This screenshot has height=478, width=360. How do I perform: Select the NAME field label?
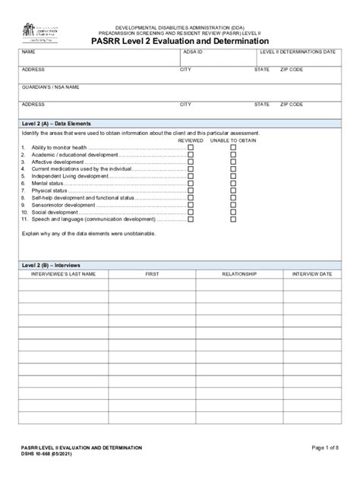[28, 52]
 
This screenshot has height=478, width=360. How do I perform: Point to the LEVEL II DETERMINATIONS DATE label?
[297, 52]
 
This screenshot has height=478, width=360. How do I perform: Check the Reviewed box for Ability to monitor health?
[191, 147]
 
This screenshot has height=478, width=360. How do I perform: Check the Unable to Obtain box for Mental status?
[233, 183]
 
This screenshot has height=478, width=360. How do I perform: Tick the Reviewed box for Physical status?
[191, 190]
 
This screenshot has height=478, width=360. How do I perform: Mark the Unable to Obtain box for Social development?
[233, 212]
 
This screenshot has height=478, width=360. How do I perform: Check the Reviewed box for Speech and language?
[191, 219]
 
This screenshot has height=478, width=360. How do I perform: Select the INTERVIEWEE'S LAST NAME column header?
[63, 273]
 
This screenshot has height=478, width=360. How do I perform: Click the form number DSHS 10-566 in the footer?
[46, 455]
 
